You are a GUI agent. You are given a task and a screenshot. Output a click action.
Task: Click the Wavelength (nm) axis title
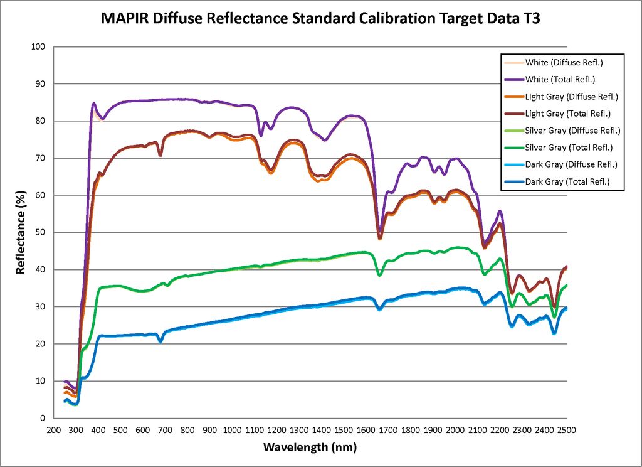tap(310, 447)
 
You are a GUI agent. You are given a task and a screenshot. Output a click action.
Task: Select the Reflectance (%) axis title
tap(21, 232)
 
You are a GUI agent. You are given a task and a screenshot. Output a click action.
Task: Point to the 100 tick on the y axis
tap(39, 47)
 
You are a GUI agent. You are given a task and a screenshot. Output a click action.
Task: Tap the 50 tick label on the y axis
tap(41, 233)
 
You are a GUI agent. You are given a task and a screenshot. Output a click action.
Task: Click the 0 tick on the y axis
tap(43, 419)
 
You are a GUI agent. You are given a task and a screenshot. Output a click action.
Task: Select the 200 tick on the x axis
tap(53, 429)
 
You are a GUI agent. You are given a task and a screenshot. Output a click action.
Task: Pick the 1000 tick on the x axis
tap(232, 429)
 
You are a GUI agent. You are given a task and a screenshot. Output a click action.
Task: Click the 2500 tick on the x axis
tap(566, 429)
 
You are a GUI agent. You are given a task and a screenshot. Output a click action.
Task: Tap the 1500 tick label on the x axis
tap(344, 429)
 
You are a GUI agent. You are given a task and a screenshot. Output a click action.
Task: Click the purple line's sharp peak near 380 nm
tap(93, 103)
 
